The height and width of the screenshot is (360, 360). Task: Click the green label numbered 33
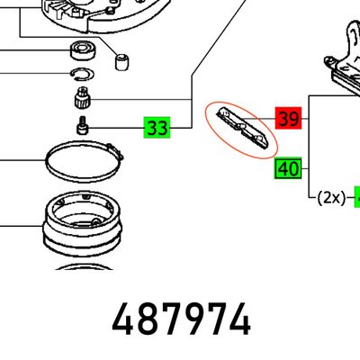point(157,128)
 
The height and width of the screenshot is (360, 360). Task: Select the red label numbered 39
point(288,118)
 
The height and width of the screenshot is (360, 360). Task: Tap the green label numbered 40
point(288,168)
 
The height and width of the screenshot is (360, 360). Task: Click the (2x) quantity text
point(331,198)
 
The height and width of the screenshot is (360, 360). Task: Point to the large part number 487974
point(181,319)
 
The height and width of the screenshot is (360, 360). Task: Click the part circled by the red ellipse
point(242,128)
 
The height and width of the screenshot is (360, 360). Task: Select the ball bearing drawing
point(83,50)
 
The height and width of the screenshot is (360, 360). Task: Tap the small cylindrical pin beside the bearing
point(122,62)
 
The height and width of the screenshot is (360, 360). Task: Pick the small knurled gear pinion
point(82,96)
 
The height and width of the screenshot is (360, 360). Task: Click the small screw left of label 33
point(83,126)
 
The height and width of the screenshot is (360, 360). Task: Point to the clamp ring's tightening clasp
point(115,152)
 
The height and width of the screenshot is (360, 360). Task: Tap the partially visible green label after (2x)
point(357,197)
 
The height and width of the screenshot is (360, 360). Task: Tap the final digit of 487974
point(239,319)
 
